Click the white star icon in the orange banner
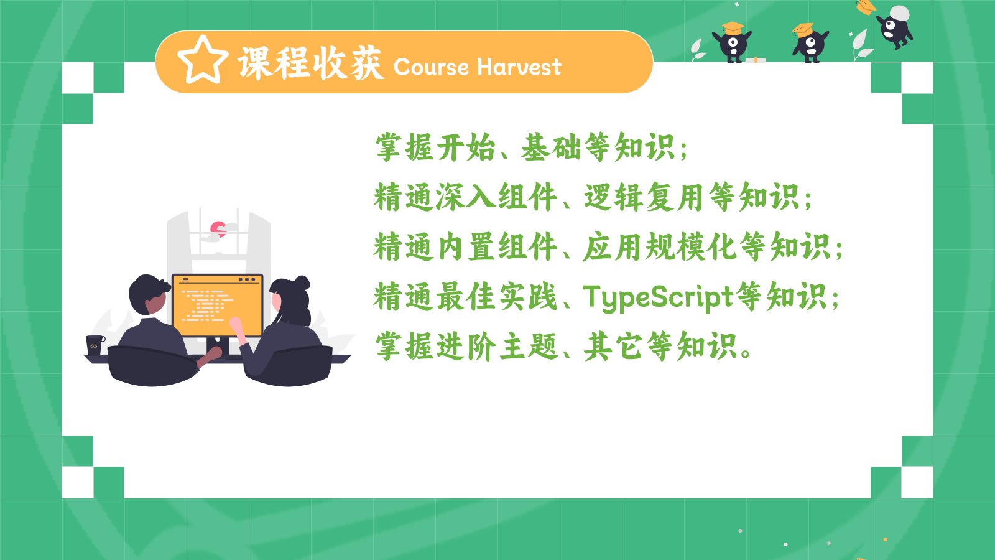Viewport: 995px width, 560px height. pos(203,60)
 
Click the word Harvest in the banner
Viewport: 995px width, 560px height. pos(519,67)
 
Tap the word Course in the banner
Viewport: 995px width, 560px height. pos(431,67)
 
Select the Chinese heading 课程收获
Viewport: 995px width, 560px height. pos(311,63)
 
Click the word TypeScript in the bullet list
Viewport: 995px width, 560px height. pos(658,297)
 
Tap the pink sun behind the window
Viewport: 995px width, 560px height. pos(218,229)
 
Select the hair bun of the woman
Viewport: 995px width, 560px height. pos(302,282)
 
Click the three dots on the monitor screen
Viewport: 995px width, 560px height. pos(247,279)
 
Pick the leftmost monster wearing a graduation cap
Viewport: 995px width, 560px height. pos(732,42)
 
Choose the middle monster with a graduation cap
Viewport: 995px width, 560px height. pos(810,43)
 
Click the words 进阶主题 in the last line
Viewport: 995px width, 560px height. pos(497,347)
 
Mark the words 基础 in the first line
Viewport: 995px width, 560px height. pos(551,147)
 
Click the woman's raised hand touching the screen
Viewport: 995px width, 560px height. pos(236,326)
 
